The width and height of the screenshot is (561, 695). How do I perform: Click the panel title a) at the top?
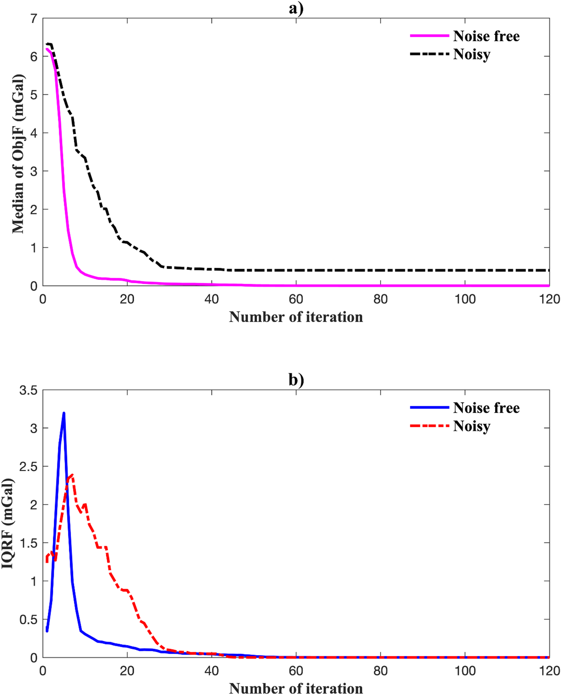coord(296,8)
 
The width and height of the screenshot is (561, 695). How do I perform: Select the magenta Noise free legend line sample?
coord(429,36)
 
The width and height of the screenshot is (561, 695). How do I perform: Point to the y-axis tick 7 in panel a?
coord(34,19)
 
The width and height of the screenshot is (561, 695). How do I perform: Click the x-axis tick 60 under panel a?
coord(296,299)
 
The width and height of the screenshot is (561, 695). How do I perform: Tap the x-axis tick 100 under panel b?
coord(465,671)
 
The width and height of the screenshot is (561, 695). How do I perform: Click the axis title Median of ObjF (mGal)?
coord(18,154)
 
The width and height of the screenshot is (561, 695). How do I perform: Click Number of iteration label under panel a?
coord(296,317)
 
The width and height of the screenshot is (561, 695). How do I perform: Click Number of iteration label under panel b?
coord(296,688)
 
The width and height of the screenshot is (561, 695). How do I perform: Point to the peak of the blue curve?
coord(64,413)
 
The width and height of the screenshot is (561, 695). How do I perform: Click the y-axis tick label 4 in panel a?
coord(34,133)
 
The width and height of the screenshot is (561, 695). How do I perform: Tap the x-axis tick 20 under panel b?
coord(127,671)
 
